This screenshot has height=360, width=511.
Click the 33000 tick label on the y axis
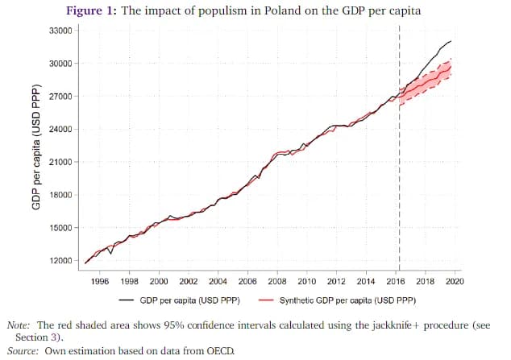pos(60,31)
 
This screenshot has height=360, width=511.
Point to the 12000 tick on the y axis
pos(60,261)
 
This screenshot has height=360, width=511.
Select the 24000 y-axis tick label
pos(60,130)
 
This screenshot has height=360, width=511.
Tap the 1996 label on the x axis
pos(100,282)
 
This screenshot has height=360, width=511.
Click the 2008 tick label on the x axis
pos(277,282)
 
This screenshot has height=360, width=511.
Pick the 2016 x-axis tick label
pos(396,282)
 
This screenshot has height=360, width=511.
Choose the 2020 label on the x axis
pos(455,282)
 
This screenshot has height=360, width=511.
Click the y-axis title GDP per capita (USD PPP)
pos(36,147)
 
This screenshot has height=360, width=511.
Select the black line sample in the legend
pos(127,300)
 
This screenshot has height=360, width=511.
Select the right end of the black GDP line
pos(451,40)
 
